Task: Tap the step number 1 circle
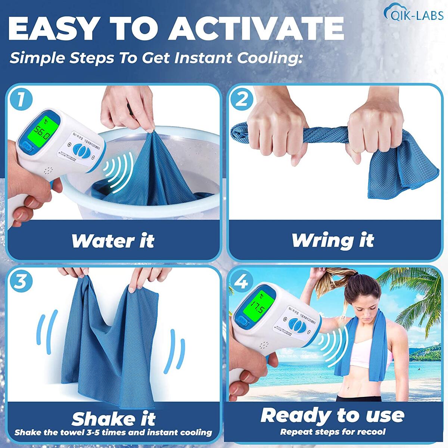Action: click(x=22, y=99)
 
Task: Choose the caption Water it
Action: click(x=112, y=241)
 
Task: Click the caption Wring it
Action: click(x=332, y=240)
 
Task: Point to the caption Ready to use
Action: click(x=332, y=415)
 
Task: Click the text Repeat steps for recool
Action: click(x=333, y=432)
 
